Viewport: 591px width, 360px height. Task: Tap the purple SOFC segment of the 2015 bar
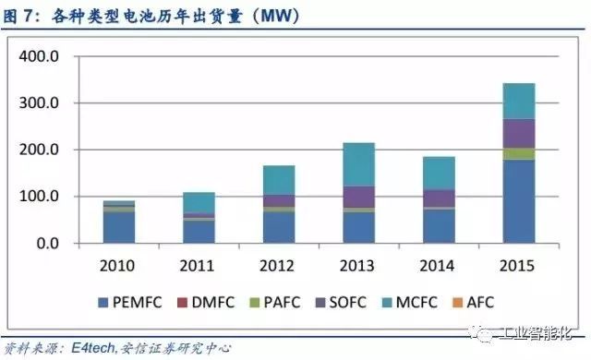(x=518, y=134)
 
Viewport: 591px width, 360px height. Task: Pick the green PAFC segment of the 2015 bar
(x=518, y=154)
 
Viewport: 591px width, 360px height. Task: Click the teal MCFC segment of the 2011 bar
(x=199, y=202)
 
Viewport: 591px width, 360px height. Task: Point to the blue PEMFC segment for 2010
(x=118, y=227)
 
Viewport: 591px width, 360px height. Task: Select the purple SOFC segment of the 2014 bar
(x=438, y=198)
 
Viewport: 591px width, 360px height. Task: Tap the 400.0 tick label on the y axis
(x=40, y=57)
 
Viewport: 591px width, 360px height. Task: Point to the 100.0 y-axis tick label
(x=40, y=197)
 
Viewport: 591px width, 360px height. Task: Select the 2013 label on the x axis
(x=358, y=266)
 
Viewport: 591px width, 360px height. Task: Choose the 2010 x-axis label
(x=118, y=266)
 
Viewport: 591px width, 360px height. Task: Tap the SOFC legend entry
(x=344, y=301)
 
